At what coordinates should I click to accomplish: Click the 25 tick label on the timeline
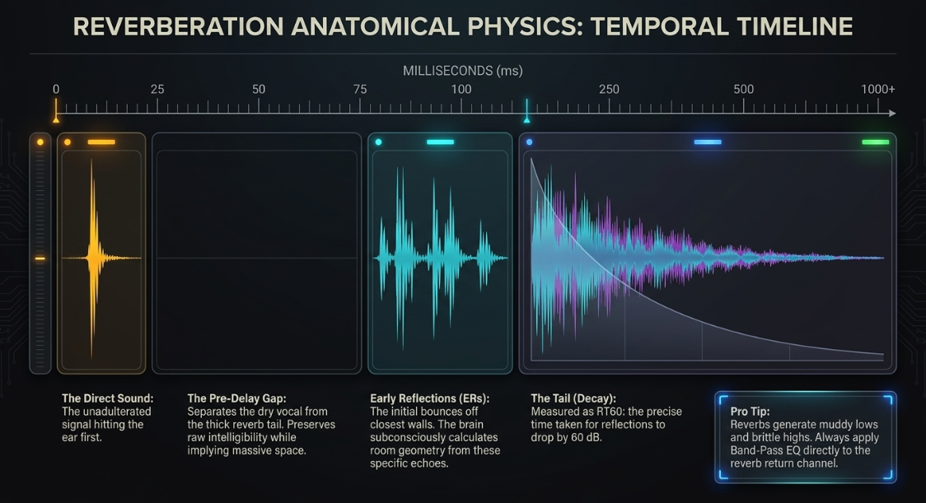(157, 89)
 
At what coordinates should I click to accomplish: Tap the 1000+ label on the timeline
(877, 89)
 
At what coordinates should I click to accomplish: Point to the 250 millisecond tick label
(609, 89)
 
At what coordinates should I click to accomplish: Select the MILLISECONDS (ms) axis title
(462, 71)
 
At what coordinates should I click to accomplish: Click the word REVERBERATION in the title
(178, 26)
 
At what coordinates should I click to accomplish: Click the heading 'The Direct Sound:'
(107, 398)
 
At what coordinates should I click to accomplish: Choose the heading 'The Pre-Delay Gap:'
(236, 398)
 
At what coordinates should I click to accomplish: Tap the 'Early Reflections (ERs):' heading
(430, 398)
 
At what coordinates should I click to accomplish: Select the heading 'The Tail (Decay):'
(573, 398)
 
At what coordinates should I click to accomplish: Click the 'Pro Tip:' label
(750, 412)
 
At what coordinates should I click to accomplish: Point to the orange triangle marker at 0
(56, 120)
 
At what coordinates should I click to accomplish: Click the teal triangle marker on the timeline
(526, 120)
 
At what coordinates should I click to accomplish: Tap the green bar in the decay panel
(875, 142)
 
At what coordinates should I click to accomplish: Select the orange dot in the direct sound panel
(68, 142)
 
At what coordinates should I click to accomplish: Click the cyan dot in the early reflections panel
(378, 142)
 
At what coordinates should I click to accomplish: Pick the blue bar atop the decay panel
(708, 142)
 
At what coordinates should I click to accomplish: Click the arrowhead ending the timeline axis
(892, 113)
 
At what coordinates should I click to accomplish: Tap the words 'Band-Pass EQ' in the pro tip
(763, 450)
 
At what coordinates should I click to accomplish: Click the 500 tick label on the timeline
(743, 89)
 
